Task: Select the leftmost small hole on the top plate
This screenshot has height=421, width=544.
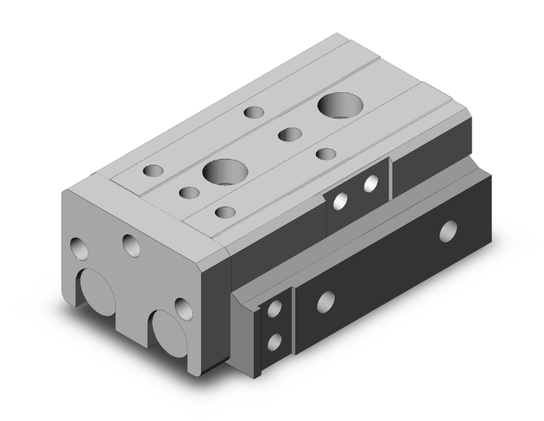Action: click(154, 171)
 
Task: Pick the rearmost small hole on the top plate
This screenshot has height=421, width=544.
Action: click(254, 113)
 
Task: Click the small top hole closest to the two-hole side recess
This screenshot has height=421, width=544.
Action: click(325, 154)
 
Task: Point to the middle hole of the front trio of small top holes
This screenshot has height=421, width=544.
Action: click(189, 193)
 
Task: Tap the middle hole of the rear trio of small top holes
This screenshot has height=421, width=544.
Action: click(290, 134)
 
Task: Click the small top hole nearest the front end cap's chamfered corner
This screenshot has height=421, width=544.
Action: click(224, 212)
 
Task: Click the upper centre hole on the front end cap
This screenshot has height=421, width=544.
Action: click(132, 245)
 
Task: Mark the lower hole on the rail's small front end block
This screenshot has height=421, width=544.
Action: click(274, 340)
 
